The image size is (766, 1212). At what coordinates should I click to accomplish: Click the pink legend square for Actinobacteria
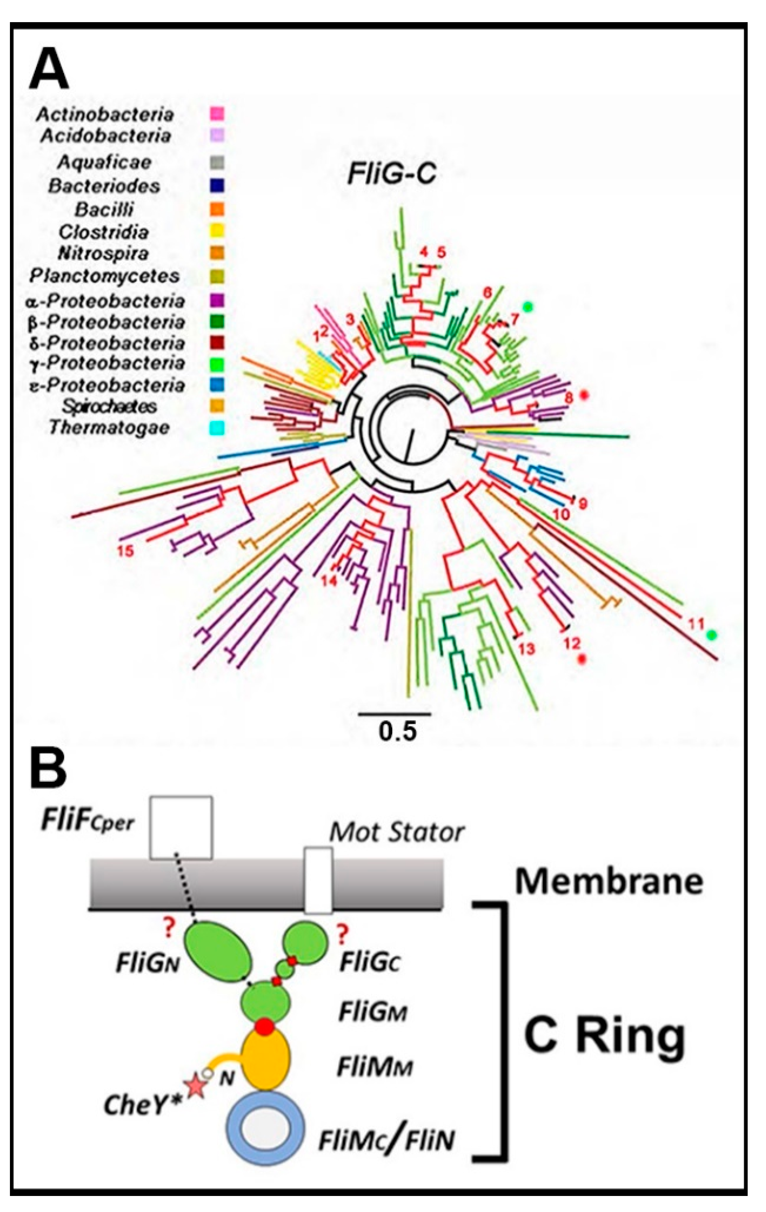[217, 114]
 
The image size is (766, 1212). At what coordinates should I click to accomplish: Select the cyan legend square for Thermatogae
[217, 428]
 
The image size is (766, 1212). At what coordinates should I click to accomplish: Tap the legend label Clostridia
[104, 232]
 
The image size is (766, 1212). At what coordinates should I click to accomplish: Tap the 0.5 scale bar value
[397, 732]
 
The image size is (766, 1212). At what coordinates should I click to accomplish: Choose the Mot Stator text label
[396, 833]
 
